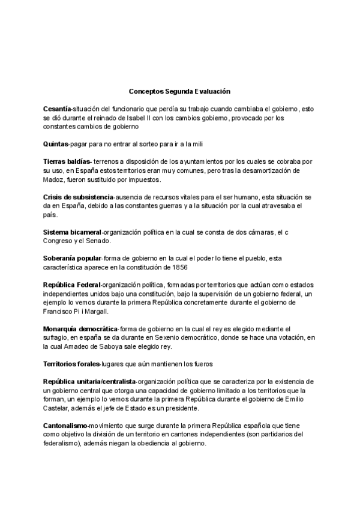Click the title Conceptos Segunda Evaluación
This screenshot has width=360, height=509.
point(179,91)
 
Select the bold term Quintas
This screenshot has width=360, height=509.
point(56,144)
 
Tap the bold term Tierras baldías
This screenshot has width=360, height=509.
point(67,162)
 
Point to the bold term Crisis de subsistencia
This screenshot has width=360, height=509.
point(78,197)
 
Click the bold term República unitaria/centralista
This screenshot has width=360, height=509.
point(89,382)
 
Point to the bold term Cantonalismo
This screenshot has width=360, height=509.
point(65,426)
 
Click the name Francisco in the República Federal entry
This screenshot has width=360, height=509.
point(58,311)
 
